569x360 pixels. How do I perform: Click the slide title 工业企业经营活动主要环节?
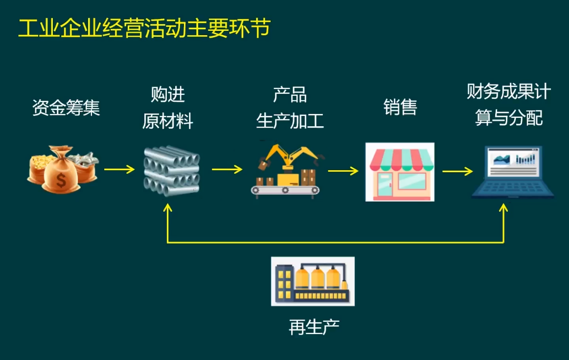pos(144,29)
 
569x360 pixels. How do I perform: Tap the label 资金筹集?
pos(66,108)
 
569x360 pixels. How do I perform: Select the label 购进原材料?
pos(168,108)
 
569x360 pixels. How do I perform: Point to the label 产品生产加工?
pos(290,108)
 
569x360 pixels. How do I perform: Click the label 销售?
pos(400,108)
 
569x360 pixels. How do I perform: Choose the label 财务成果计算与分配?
pos(509,105)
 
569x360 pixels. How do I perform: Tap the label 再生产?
pos(314,327)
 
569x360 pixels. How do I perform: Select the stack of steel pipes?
pos(171,171)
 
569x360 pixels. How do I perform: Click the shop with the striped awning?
pos(400,172)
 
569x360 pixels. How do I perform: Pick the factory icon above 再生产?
pos(313,281)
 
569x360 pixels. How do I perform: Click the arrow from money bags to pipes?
pos(119,170)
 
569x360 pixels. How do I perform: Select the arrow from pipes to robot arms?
pos(227,169)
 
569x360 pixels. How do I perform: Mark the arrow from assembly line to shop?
pos(343,171)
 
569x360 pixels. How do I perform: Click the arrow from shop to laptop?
pos(457,171)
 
